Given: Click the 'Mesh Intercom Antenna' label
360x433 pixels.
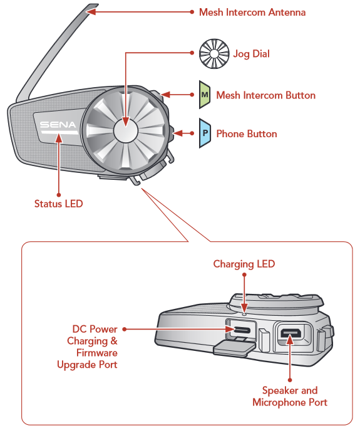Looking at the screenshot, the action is coord(252,12).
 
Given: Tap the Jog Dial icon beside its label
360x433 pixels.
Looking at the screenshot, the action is coord(214,53).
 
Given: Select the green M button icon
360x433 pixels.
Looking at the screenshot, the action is coord(205,95).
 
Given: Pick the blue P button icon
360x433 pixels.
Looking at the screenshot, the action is coord(205,133).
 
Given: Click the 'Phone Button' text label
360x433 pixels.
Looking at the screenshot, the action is coord(247,133).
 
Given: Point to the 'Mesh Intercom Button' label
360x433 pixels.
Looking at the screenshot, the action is coord(265,95).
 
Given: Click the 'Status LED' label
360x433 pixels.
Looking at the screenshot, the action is coord(58,204).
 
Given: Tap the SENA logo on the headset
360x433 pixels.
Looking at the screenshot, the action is coord(58,125).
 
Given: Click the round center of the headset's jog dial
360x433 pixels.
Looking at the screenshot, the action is coord(125,130).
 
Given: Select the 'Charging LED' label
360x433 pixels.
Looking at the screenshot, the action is coord(244,264).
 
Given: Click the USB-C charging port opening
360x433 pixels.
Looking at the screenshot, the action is coord(242,330).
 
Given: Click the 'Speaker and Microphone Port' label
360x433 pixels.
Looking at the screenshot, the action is coord(290,396).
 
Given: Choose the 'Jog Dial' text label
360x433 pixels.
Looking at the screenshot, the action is coord(251,54).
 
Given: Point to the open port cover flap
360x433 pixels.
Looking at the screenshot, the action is coord(234,348).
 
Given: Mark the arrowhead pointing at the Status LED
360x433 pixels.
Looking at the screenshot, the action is coord(58,138).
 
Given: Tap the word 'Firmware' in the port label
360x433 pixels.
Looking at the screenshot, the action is coord(97,353).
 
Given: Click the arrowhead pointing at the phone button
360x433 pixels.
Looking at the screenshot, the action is coord(178,133).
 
